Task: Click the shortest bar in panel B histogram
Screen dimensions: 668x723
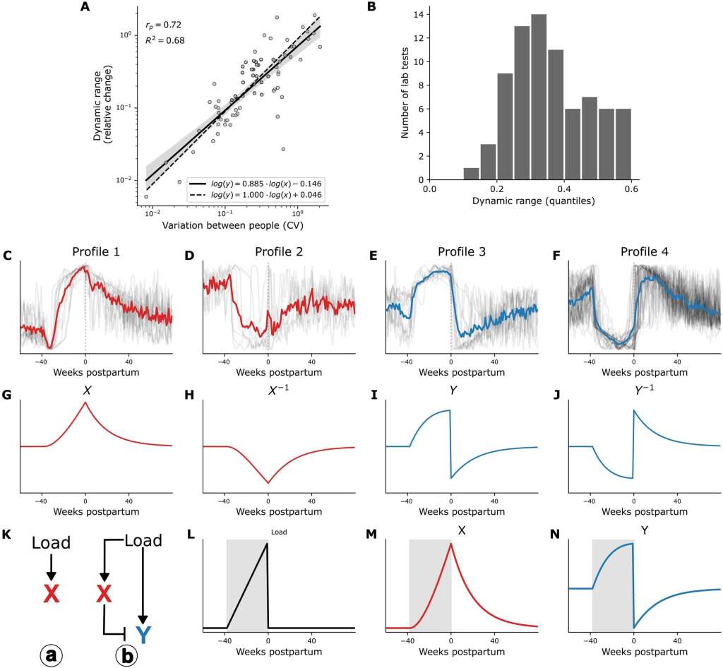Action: (x=471, y=174)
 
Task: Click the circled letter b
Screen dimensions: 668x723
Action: (x=127, y=654)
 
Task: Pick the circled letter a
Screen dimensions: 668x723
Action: (x=51, y=654)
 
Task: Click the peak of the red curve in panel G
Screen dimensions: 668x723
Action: (x=85, y=402)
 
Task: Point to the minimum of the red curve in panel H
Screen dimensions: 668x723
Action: (x=268, y=484)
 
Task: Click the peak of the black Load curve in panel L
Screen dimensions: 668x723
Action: (x=267, y=543)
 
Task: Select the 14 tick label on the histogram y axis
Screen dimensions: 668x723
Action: (x=417, y=14)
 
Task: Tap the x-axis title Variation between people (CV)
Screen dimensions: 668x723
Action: (x=228, y=225)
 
